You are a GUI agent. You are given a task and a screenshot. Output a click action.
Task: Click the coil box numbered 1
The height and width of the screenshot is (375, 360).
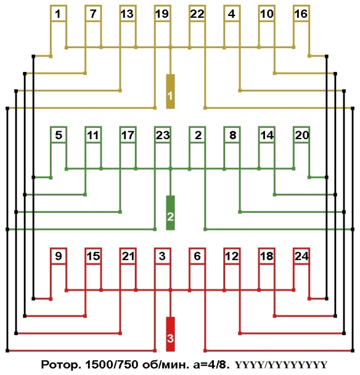(x=58, y=14)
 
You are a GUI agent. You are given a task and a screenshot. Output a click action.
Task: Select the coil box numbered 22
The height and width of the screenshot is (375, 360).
(x=197, y=14)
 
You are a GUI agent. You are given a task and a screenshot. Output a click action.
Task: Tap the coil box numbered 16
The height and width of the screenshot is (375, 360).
(x=301, y=14)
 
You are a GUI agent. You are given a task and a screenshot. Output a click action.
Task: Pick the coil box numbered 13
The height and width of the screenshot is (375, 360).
(x=127, y=14)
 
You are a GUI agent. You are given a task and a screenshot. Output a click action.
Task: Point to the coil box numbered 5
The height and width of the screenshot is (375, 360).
(x=58, y=135)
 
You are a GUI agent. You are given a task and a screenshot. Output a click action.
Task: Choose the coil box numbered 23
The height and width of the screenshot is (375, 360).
(x=162, y=135)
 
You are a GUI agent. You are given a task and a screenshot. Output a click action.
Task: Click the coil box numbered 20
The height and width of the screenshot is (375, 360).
(x=301, y=135)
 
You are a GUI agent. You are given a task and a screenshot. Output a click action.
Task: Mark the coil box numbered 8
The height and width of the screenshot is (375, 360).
(x=232, y=135)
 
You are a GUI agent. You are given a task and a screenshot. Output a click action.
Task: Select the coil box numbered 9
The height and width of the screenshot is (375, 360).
(x=58, y=257)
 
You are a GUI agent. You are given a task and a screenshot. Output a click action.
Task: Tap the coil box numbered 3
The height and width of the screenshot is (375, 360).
(x=162, y=257)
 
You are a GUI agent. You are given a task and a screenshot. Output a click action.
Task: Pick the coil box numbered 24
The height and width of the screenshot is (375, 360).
(x=301, y=257)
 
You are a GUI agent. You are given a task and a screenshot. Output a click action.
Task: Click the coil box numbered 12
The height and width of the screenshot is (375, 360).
(x=232, y=257)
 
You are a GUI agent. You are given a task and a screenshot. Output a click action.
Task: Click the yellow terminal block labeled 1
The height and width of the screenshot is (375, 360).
(x=170, y=92)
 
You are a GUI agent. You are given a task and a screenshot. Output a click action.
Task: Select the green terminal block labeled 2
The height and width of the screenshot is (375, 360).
(x=170, y=213)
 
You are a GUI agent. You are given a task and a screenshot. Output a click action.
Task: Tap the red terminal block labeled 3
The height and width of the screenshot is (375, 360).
(x=170, y=335)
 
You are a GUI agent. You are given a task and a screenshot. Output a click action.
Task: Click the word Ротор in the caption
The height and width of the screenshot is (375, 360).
(x=59, y=363)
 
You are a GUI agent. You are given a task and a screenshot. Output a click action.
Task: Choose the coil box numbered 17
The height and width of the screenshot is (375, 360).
(x=127, y=135)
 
